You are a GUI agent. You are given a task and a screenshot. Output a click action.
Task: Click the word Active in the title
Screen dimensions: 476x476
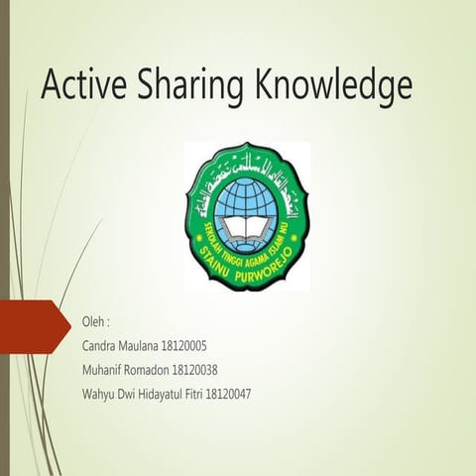coord(82,87)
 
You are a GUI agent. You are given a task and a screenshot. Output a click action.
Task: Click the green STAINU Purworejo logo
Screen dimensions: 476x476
coord(247,214)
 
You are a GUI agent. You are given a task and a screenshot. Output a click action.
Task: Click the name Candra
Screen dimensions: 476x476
coord(101,347)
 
